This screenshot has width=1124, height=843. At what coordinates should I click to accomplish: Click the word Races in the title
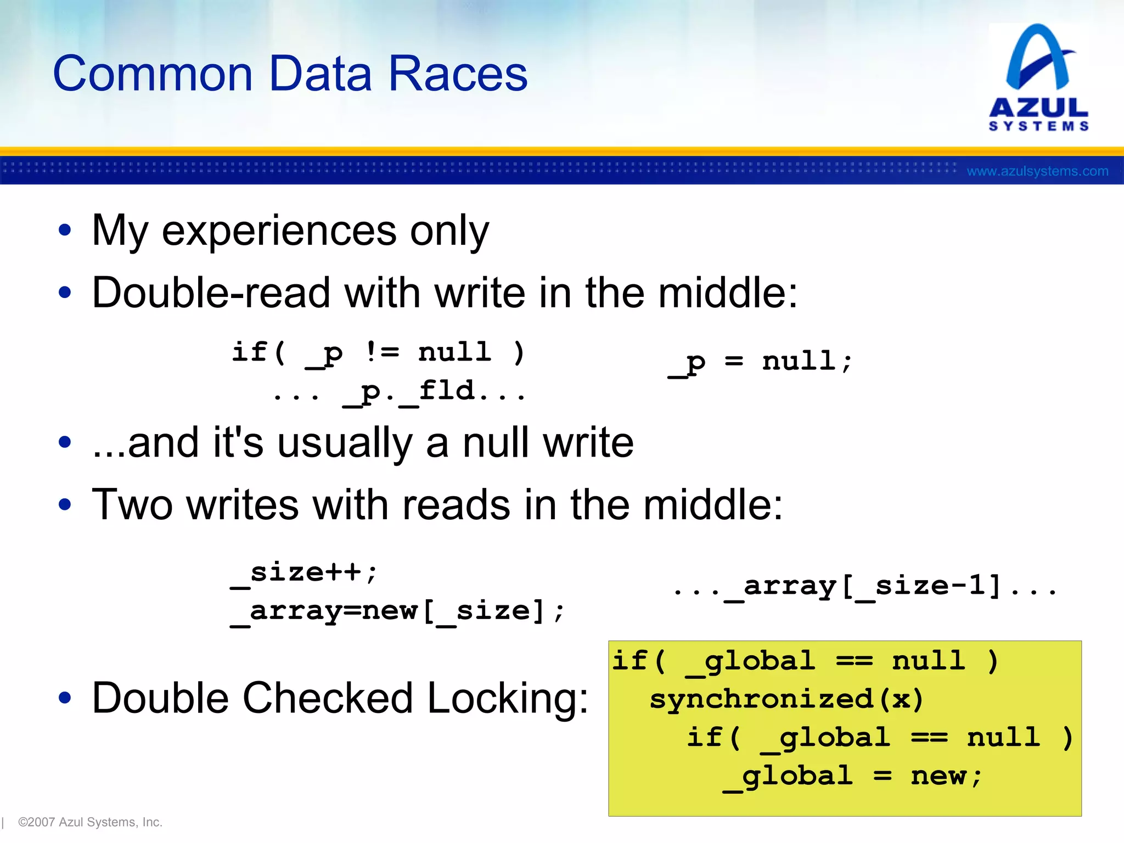click(458, 74)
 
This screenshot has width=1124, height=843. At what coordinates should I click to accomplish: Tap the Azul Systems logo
click(1038, 77)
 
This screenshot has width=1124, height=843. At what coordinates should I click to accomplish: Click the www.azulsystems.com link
click(1037, 171)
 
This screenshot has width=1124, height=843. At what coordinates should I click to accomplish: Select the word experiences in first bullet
click(279, 231)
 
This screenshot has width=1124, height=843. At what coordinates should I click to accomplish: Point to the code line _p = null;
click(760, 362)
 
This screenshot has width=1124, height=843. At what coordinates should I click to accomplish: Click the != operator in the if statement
click(383, 352)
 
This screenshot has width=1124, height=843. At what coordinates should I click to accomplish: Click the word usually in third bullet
click(345, 443)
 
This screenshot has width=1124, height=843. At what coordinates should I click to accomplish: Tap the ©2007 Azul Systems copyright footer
click(90, 822)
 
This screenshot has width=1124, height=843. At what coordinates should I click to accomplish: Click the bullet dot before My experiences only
click(65, 231)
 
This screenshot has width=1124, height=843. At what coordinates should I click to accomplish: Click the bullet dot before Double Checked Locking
click(65, 698)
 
